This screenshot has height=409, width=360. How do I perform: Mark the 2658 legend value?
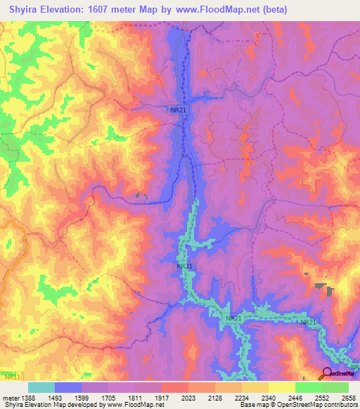click(348, 398)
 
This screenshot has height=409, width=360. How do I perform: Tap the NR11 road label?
click(12, 378)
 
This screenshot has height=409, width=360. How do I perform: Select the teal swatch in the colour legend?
click(41, 387)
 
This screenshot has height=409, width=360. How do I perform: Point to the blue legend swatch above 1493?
click(68, 387)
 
